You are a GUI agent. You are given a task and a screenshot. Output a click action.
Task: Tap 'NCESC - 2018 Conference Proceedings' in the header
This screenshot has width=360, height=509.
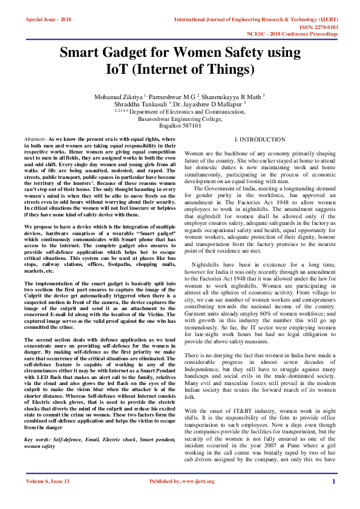(301, 34)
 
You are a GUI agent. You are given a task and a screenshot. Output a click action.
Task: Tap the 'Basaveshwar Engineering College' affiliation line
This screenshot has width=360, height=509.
(180, 118)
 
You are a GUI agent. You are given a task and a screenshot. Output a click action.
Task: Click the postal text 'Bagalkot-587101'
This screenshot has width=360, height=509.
(180, 125)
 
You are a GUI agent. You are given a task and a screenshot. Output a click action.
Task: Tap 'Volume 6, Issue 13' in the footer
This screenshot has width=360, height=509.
(48, 481)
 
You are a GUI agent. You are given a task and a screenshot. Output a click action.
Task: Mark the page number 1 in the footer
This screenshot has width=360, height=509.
(333, 481)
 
